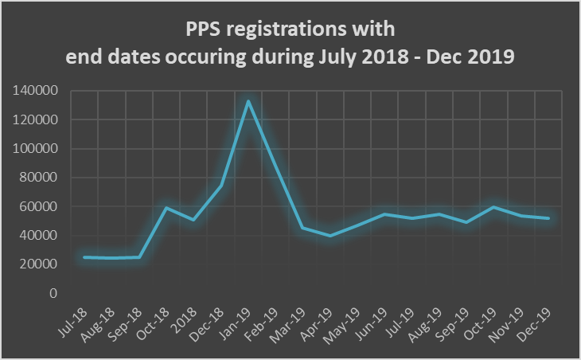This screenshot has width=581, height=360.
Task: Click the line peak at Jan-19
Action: tap(248, 101)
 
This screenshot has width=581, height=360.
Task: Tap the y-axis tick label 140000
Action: tap(35, 91)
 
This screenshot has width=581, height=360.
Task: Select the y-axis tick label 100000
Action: tap(35, 149)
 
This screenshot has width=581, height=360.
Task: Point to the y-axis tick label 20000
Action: tap(38, 264)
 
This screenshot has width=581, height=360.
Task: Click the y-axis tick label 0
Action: tap(53, 293)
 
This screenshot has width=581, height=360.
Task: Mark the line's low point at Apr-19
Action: tap(330, 236)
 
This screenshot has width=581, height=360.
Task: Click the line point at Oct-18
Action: tap(166, 208)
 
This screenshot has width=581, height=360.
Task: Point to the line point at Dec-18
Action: tap(220, 186)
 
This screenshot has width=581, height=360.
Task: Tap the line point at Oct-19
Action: tap(494, 207)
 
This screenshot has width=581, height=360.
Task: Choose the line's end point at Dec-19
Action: tap(548, 218)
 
